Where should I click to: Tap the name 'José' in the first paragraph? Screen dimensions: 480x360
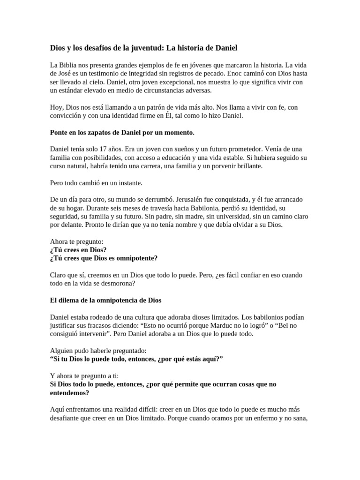(64, 74)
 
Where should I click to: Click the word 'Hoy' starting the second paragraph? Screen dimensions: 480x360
(56, 107)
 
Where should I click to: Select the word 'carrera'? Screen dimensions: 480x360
(166, 166)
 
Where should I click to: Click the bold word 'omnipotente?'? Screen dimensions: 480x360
(135, 258)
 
